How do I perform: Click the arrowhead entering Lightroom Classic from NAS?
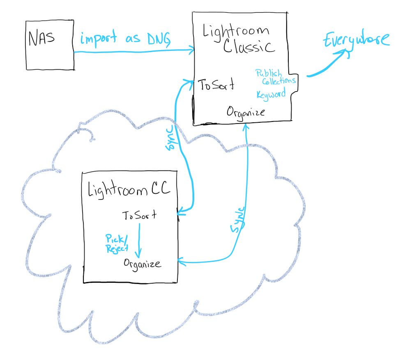(x=191, y=51)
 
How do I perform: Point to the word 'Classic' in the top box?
(x=249, y=46)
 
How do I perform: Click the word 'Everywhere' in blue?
(x=355, y=41)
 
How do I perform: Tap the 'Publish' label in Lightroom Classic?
(x=269, y=73)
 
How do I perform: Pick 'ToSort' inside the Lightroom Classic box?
(x=216, y=85)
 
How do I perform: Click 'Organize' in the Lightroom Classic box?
(x=246, y=112)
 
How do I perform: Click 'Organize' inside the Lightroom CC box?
(x=143, y=263)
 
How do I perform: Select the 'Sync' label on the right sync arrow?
(x=237, y=220)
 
